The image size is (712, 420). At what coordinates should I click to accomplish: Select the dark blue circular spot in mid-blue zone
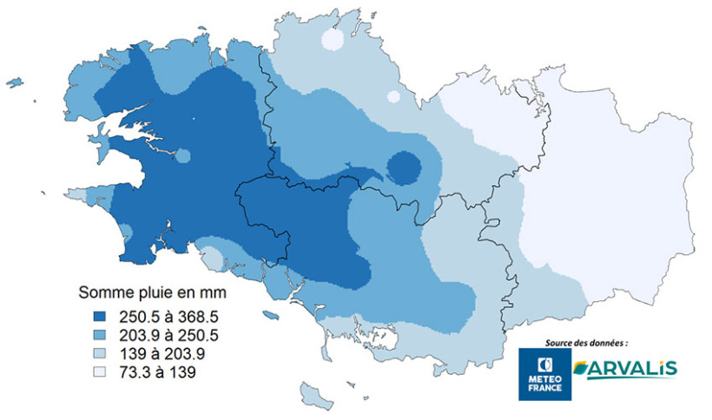point(404,167)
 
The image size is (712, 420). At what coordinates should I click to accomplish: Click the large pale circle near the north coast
point(333,40)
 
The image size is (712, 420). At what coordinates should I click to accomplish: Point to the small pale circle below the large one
point(393,96)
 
